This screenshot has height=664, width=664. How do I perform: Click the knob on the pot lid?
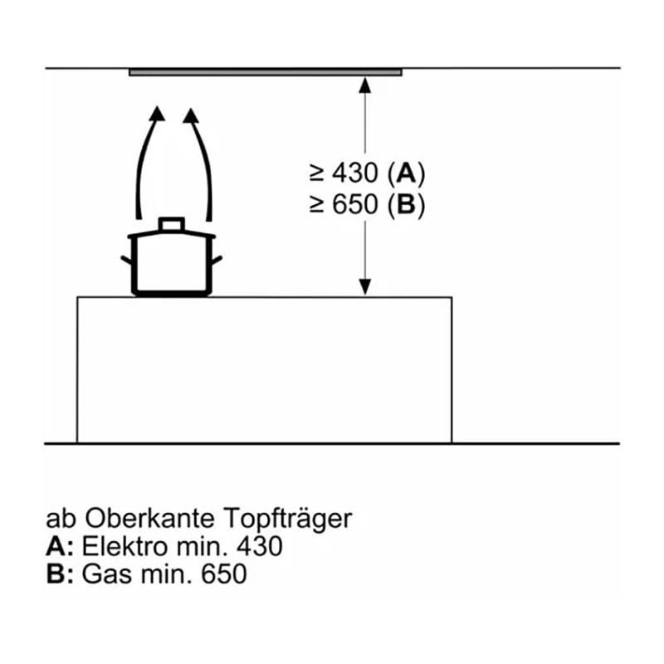pyautogui.click(x=172, y=224)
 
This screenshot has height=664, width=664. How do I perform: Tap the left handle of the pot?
pyautogui.click(x=126, y=260)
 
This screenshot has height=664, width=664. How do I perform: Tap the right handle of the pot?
pyautogui.click(x=217, y=260)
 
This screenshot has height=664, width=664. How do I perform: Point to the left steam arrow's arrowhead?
pyautogui.click(x=158, y=114)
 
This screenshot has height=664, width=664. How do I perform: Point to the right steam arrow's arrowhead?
pyautogui.click(x=191, y=115)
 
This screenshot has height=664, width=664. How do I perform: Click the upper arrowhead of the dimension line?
pyautogui.click(x=364, y=85)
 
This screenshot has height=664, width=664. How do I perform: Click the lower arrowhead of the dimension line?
pyautogui.click(x=364, y=287)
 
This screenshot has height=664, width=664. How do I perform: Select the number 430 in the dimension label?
pyautogui.click(x=354, y=173)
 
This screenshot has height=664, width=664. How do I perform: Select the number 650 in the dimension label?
pyautogui.click(x=354, y=204)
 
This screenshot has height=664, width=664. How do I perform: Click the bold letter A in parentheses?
pyautogui.click(x=406, y=173)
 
